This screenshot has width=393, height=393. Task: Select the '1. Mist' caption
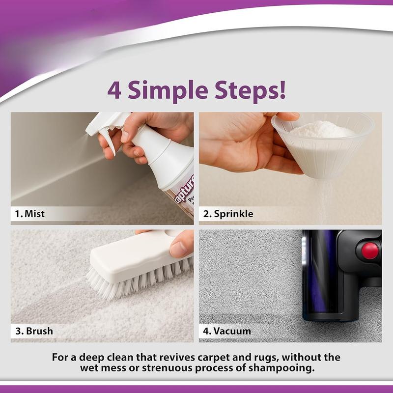(x=30, y=214)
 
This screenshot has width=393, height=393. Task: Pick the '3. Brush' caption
(x=34, y=331)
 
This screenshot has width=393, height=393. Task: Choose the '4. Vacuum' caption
(x=226, y=331)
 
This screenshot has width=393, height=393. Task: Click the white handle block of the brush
(x=130, y=255)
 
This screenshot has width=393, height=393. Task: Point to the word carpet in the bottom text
(x=196, y=357)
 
